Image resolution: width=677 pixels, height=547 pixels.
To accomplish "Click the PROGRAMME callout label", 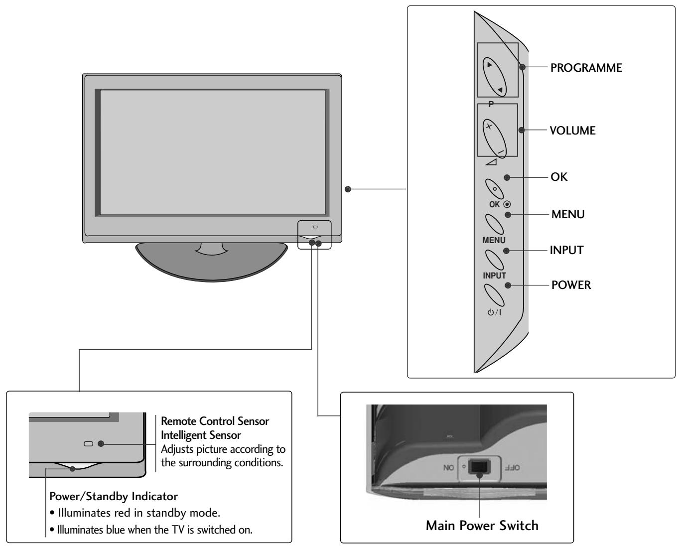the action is [586, 68].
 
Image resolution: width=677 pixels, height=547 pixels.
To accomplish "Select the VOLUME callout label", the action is [572, 131].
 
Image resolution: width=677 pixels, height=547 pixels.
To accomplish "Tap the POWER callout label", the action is [571, 285].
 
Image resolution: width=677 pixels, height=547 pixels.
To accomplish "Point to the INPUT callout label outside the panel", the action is [566, 250].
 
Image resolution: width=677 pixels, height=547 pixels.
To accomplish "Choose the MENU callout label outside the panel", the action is [568, 214].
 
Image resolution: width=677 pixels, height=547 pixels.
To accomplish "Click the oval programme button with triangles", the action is [494, 77].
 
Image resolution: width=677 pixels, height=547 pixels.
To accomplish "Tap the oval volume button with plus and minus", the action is [494, 138].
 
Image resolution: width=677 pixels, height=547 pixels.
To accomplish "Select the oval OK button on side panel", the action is [494, 189].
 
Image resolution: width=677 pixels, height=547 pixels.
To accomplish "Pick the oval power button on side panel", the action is [494, 294].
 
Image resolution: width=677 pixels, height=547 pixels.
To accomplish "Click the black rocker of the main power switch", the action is [479, 467].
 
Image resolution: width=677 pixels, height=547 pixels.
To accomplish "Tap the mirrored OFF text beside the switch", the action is [513, 467].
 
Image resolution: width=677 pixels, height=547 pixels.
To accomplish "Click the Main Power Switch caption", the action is [482, 526].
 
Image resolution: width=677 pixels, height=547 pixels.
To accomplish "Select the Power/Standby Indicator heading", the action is [114, 496].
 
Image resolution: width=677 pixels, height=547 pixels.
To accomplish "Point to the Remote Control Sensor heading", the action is [215, 421].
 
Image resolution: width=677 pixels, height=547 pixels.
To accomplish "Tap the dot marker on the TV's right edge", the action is [348, 189].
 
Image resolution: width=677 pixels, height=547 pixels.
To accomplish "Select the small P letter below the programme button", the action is [491, 104].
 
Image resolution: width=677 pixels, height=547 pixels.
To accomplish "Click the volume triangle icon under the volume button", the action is [491, 162].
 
